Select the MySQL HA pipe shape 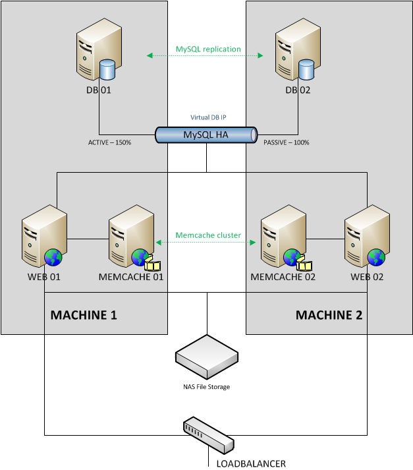click(x=206, y=135)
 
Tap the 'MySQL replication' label click(x=208, y=49)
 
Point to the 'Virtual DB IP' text click(x=208, y=117)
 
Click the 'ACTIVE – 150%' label click(x=110, y=142)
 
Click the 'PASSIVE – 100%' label click(x=287, y=142)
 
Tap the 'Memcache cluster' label click(x=207, y=235)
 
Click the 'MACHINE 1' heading click(x=84, y=315)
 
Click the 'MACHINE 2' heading click(x=329, y=315)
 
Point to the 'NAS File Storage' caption click(x=206, y=387)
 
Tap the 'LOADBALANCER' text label click(x=251, y=463)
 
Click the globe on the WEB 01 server click(x=53, y=256)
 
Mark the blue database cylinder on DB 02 click(x=306, y=68)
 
